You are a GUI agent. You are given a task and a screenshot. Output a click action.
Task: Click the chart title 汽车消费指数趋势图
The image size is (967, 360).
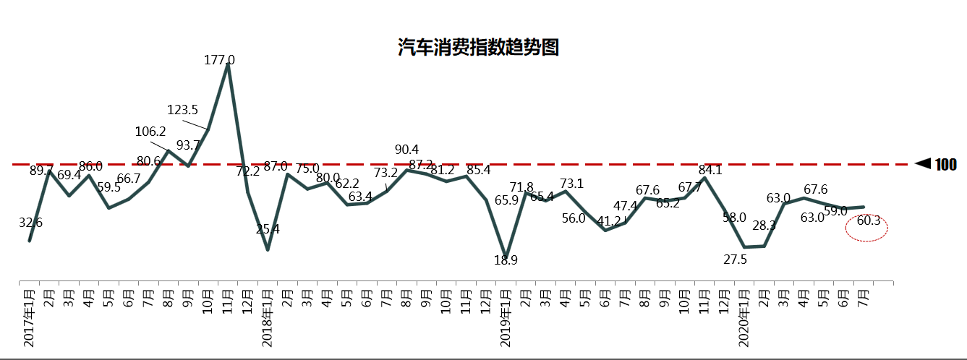click(479, 48)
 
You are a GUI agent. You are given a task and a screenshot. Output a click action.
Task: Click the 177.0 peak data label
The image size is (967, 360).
click(220, 60)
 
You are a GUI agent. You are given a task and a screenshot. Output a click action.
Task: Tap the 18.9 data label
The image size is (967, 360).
click(506, 260)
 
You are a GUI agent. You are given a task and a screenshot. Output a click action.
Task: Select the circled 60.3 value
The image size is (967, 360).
click(868, 221)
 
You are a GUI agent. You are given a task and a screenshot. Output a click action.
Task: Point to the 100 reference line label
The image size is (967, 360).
click(946, 165)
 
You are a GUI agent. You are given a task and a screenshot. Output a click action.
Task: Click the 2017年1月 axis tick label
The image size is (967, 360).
click(30, 317)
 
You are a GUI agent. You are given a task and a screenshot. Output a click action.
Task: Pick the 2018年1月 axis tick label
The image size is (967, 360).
click(268, 317)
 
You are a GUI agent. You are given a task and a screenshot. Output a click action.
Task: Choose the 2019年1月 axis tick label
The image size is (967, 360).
click(506, 317)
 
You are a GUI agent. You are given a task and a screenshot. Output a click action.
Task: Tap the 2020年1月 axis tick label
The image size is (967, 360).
click(744, 317)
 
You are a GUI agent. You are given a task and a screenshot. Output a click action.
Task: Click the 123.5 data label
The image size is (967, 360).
click(182, 110)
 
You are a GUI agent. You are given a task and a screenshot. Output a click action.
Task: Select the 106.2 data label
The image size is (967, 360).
click(150, 132)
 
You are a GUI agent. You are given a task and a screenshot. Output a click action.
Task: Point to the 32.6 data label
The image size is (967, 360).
click(30, 223)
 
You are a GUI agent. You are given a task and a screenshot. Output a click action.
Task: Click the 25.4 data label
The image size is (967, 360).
click(268, 230)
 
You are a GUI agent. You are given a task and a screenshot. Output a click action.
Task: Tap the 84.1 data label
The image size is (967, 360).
click(710, 171)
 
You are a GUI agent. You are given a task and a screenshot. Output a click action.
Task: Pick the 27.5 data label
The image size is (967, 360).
click(735, 260)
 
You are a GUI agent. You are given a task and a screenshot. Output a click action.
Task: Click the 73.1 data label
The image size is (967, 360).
click(571, 184)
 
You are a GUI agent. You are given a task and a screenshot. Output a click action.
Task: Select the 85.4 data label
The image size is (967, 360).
click(479, 171)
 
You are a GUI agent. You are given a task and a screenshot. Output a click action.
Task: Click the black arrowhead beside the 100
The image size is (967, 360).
click(922, 165)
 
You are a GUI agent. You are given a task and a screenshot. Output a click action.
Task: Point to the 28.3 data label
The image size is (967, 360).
click(764, 226)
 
